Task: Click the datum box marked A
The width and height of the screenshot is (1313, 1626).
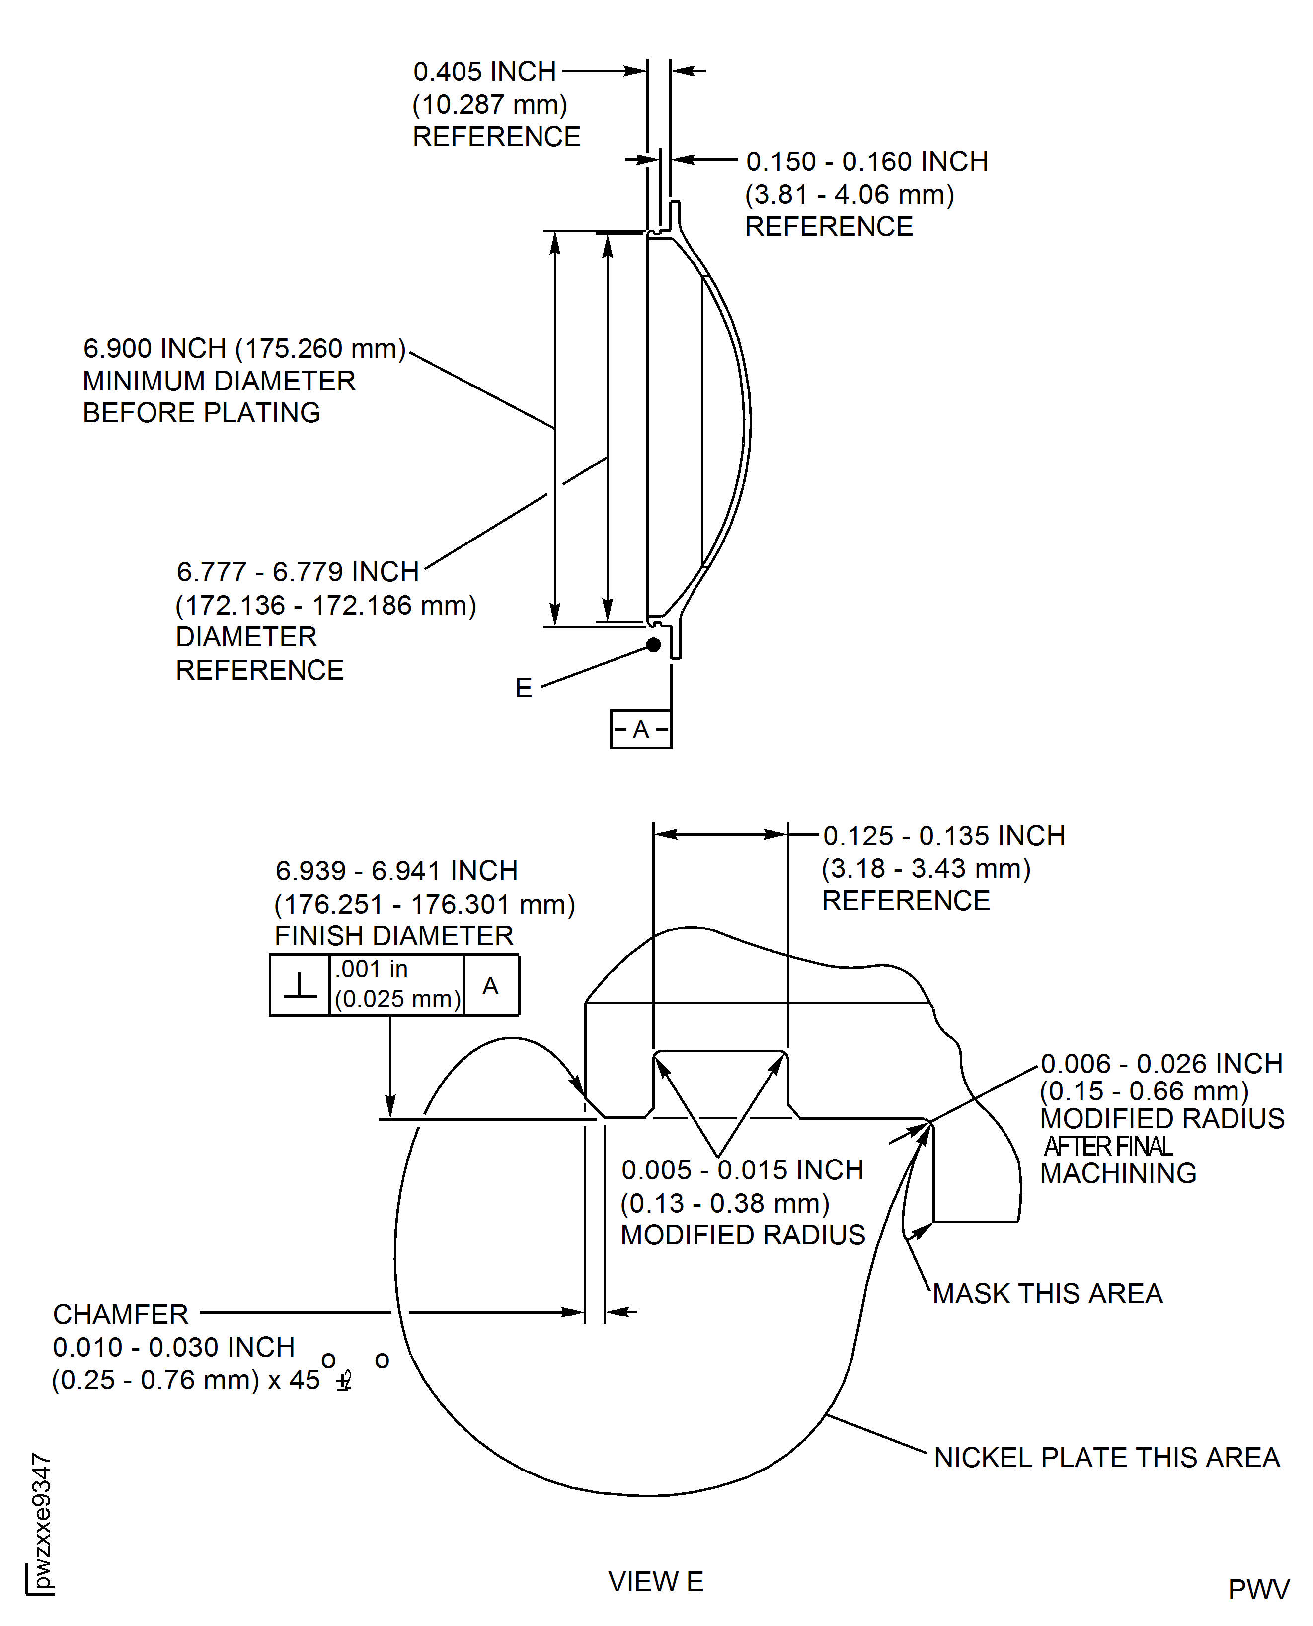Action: (641, 729)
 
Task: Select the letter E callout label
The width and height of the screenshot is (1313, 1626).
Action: (524, 688)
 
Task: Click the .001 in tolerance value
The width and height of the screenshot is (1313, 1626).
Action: (372, 969)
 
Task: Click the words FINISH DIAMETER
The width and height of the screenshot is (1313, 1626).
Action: (394, 936)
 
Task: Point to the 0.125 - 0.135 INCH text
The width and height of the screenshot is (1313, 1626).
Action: (944, 836)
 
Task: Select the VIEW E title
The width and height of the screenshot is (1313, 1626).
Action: (656, 1581)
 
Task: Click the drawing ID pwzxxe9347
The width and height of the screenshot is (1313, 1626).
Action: (42, 1520)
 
